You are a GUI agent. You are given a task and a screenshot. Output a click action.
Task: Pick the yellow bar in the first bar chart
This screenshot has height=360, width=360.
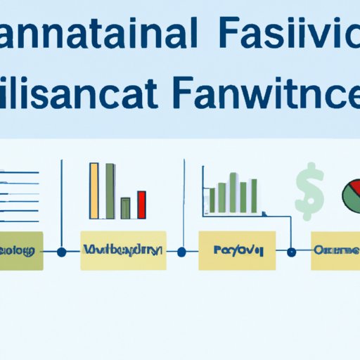click(94, 191)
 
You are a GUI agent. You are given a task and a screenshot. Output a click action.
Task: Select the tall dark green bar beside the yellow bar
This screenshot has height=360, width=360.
click(109, 191)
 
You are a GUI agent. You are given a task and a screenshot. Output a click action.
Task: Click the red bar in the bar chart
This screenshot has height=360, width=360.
click(141, 204)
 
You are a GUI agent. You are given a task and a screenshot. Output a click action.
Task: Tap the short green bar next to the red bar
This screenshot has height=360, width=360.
click(126, 207)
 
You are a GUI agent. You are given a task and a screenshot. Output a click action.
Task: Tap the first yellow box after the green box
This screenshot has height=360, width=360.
click(123, 250)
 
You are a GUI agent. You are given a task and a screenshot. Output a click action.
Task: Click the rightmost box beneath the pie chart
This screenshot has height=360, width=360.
click(336, 250)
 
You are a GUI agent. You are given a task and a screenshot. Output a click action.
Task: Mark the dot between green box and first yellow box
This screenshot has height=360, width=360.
click(62, 251)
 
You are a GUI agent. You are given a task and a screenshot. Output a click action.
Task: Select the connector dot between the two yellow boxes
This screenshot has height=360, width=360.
click(183, 251)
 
